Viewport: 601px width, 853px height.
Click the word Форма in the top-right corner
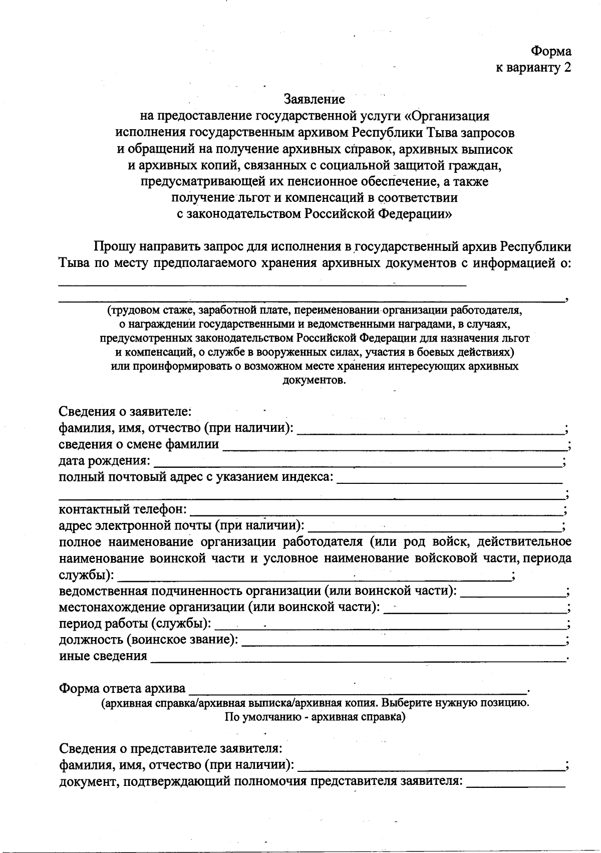(551, 51)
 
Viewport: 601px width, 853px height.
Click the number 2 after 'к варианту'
(567, 68)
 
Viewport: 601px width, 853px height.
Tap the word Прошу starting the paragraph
(113, 246)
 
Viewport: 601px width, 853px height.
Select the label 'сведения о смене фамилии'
(139, 444)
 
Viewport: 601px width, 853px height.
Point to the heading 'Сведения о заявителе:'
(125, 412)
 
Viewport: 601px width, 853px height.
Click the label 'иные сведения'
(103, 656)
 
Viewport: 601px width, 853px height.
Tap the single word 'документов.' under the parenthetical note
(314, 380)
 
